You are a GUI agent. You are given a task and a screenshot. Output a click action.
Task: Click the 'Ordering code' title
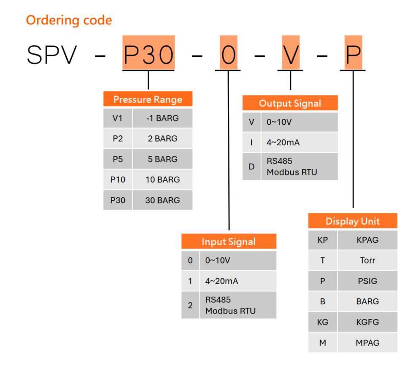click(x=69, y=20)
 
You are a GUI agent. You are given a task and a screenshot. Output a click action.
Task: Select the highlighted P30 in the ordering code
click(x=148, y=53)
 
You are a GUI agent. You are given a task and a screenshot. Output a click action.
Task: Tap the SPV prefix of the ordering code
click(x=52, y=54)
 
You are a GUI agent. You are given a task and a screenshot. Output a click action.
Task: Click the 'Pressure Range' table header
click(x=148, y=99)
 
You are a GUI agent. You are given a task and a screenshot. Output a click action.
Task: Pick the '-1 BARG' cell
click(x=162, y=118)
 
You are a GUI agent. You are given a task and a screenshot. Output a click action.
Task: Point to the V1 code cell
click(x=118, y=118)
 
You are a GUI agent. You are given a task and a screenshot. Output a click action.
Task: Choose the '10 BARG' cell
click(x=162, y=180)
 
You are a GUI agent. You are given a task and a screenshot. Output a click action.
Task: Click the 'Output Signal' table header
click(x=290, y=103)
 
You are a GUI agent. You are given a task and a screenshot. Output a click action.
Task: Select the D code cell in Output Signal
click(x=251, y=166)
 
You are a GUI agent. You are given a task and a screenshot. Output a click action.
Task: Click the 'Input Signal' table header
click(x=229, y=242)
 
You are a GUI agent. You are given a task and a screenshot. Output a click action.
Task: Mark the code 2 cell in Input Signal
click(x=190, y=305)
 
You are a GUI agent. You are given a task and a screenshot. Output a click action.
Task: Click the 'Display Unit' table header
click(x=353, y=221)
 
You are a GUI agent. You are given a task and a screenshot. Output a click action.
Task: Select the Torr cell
click(x=367, y=260)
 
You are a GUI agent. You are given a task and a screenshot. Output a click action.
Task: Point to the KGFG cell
click(x=367, y=322)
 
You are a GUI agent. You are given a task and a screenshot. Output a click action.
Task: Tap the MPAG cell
click(x=367, y=343)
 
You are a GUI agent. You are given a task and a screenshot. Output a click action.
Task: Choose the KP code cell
click(x=323, y=240)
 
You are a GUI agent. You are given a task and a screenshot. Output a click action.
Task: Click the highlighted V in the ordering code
click(x=291, y=54)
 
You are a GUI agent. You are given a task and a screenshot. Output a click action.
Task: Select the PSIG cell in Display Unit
click(x=367, y=281)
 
